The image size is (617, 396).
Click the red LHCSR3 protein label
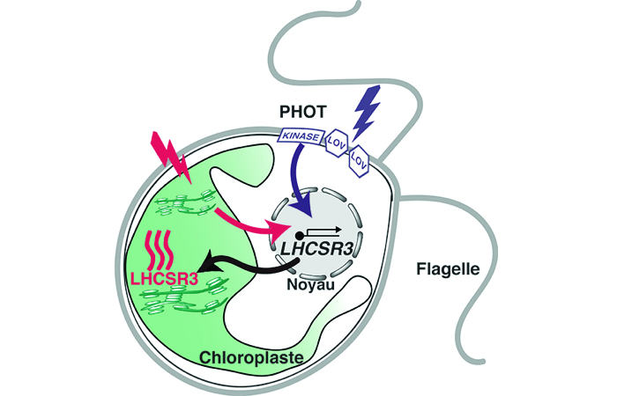click(x=162, y=281)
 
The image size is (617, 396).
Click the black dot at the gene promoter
click(x=299, y=236)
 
